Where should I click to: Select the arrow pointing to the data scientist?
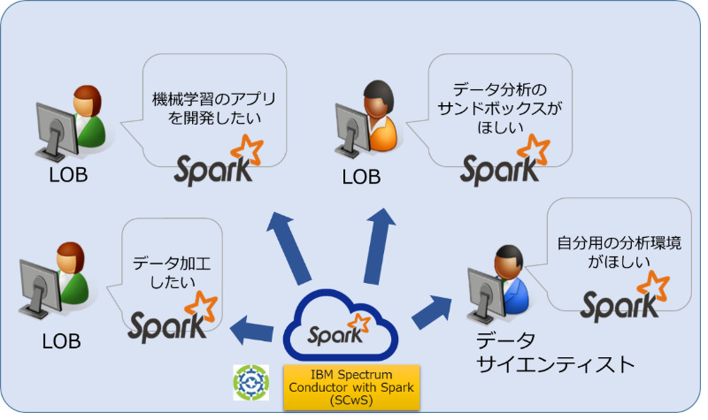[x=434, y=309]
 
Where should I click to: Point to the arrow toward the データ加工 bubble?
[x=252, y=329]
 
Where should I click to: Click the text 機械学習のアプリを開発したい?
[x=205, y=106]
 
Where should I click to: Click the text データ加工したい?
[x=173, y=271]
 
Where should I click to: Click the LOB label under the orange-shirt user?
[x=361, y=177]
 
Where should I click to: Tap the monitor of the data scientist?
[x=482, y=291]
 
